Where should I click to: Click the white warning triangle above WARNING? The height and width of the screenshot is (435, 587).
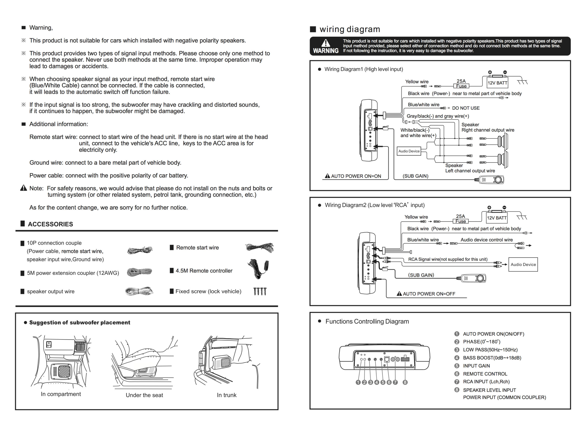(326, 43)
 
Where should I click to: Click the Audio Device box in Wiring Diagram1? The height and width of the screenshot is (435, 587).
(409, 151)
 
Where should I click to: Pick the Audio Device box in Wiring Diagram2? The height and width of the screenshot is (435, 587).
(523, 264)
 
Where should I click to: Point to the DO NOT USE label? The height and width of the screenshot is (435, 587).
(466, 108)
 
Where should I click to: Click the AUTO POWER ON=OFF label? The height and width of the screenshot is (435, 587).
(426, 294)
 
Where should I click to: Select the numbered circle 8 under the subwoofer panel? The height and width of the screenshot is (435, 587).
(405, 382)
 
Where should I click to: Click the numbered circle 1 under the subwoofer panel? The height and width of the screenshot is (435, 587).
(358, 382)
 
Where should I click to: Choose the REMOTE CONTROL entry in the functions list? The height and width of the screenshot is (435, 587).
(485, 374)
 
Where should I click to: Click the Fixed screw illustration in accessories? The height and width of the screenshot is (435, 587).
(260, 292)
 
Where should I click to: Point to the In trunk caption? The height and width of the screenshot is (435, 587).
(227, 395)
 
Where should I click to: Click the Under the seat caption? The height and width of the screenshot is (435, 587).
(144, 395)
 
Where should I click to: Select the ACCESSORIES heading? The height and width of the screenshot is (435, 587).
(50, 224)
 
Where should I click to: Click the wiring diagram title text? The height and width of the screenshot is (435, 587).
(350, 29)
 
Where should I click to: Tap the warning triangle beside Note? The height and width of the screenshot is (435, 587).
(24, 188)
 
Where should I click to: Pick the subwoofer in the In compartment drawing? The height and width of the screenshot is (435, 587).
(61, 371)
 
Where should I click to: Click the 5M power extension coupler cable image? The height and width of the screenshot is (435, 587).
(139, 272)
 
